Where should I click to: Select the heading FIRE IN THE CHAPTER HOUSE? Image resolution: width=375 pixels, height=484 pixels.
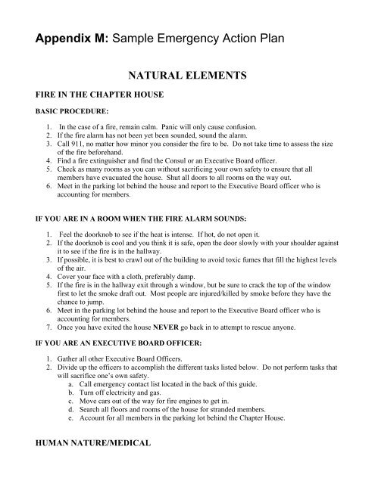point(96,97)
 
